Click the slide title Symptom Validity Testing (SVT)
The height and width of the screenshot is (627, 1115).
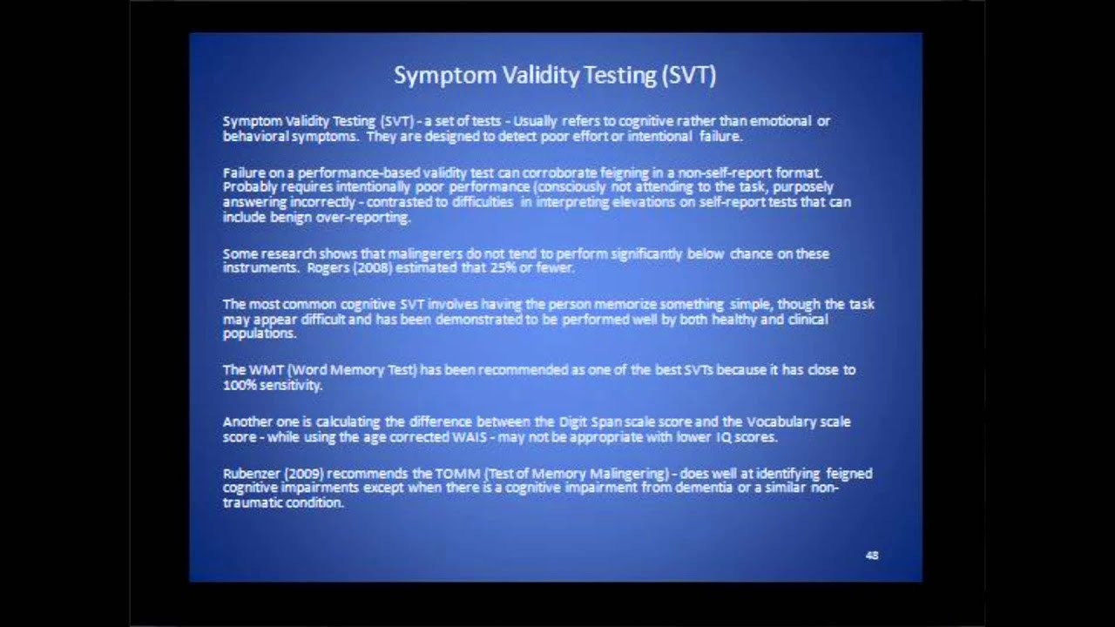point(555,76)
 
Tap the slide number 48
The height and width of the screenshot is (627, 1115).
point(872,556)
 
